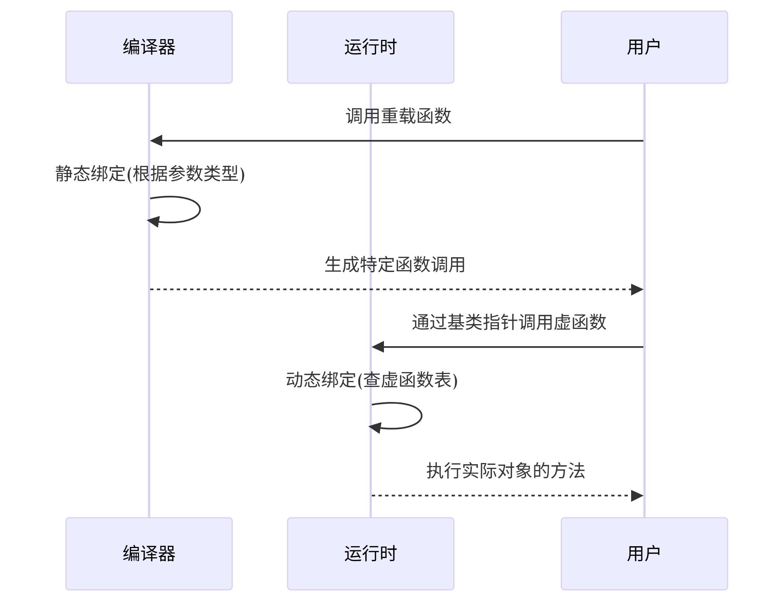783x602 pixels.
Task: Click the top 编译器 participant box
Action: tap(149, 47)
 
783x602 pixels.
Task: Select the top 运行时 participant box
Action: tap(370, 47)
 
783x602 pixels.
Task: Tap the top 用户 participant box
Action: tap(644, 47)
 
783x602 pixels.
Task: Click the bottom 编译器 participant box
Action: tap(149, 553)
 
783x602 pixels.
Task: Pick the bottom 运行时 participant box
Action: tap(370, 553)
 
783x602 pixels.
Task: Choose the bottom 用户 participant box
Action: tap(644, 553)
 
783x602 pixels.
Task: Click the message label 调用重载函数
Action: tap(398, 116)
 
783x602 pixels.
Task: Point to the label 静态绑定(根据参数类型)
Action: tap(150, 174)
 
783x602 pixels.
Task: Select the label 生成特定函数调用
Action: tap(395, 265)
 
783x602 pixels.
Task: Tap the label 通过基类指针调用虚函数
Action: tap(509, 322)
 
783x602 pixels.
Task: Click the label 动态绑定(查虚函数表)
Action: tap(372, 380)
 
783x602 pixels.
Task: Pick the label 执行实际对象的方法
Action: tap(505, 471)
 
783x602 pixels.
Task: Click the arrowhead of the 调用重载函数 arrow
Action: tap(156, 141)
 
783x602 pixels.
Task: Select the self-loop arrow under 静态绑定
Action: tap(199, 210)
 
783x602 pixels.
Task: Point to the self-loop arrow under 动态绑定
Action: tap(421, 416)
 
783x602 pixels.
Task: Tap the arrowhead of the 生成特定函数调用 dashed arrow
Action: tap(637, 289)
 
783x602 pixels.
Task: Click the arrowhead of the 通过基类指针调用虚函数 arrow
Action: tap(378, 347)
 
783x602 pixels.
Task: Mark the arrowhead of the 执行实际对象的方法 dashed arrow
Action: tap(637, 496)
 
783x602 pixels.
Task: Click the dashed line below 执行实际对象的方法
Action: tap(503, 496)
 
